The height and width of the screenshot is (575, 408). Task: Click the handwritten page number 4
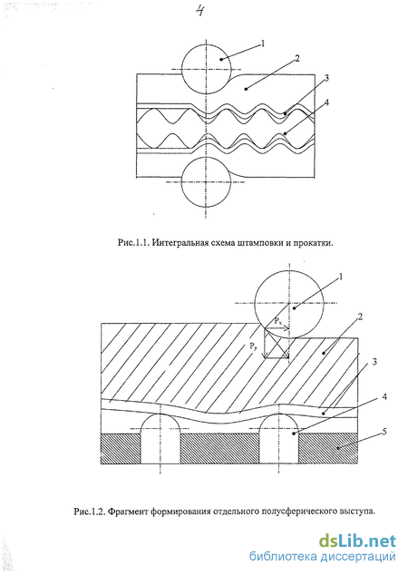click(x=200, y=11)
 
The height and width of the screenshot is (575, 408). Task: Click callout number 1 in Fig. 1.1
click(x=263, y=44)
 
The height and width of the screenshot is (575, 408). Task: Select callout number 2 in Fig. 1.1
click(x=296, y=59)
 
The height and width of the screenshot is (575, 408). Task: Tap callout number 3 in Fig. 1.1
click(x=325, y=78)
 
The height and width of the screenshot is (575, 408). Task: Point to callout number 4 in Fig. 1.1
click(x=325, y=102)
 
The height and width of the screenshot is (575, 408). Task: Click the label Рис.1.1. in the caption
click(x=133, y=243)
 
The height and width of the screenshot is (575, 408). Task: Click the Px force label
click(x=278, y=322)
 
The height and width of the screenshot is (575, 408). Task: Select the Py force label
click(x=253, y=346)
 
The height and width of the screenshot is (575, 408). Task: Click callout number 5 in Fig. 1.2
click(x=384, y=432)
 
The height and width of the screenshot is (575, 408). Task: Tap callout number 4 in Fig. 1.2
click(x=384, y=396)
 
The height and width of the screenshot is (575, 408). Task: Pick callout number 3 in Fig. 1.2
click(x=374, y=362)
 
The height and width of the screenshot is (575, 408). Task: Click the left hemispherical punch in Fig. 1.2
click(x=160, y=439)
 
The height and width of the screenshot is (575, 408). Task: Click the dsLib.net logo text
click(x=357, y=541)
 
